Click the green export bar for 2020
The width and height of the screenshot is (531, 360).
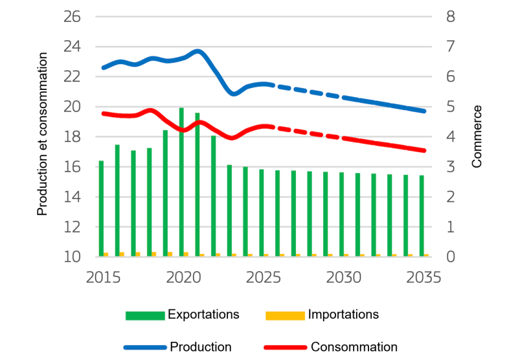click(x=181, y=183)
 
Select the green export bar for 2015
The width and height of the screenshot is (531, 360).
click(x=101, y=208)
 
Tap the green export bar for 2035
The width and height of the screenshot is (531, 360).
click(x=422, y=216)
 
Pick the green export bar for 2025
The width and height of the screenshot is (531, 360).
click(x=262, y=213)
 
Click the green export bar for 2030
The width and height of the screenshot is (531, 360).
click(x=341, y=214)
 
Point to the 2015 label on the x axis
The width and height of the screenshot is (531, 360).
click(x=103, y=277)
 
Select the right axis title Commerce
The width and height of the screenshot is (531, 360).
click(x=477, y=136)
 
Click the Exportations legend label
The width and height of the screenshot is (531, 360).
click(x=203, y=315)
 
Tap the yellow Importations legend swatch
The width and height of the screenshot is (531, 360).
click(x=284, y=315)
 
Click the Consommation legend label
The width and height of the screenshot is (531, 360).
click(x=354, y=347)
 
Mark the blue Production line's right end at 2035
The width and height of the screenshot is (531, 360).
click(x=425, y=111)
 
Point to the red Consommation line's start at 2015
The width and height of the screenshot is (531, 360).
click(x=103, y=113)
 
